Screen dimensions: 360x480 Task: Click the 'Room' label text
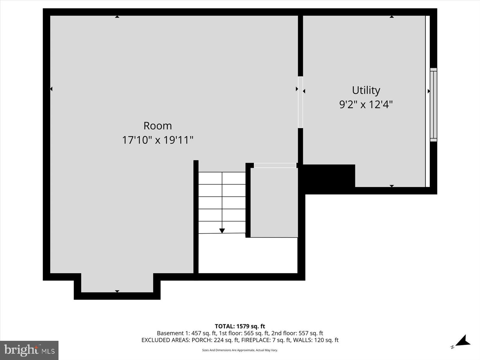pyautogui.click(x=157, y=126)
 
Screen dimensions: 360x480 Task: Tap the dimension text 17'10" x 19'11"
pyautogui.click(x=157, y=140)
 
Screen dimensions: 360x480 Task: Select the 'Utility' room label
pyautogui.click(x=366, y=90)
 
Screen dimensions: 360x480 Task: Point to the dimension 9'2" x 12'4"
pyautogui.click(x=366, y=105)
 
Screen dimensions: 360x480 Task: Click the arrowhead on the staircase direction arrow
pyautogui.click(x=222, y=231)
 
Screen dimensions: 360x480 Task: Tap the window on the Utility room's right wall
pyautogui.click(x=433, y=105)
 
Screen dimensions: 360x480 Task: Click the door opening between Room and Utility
pyautogui.click(x=300, y=102)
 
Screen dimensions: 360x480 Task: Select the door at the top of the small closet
pyautogui.click(x=275, y=165)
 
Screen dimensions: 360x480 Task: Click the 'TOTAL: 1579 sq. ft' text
pyautogui.click(x=240, y=326)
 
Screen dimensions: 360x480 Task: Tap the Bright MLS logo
pyautogui.click(x=29, y=350)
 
